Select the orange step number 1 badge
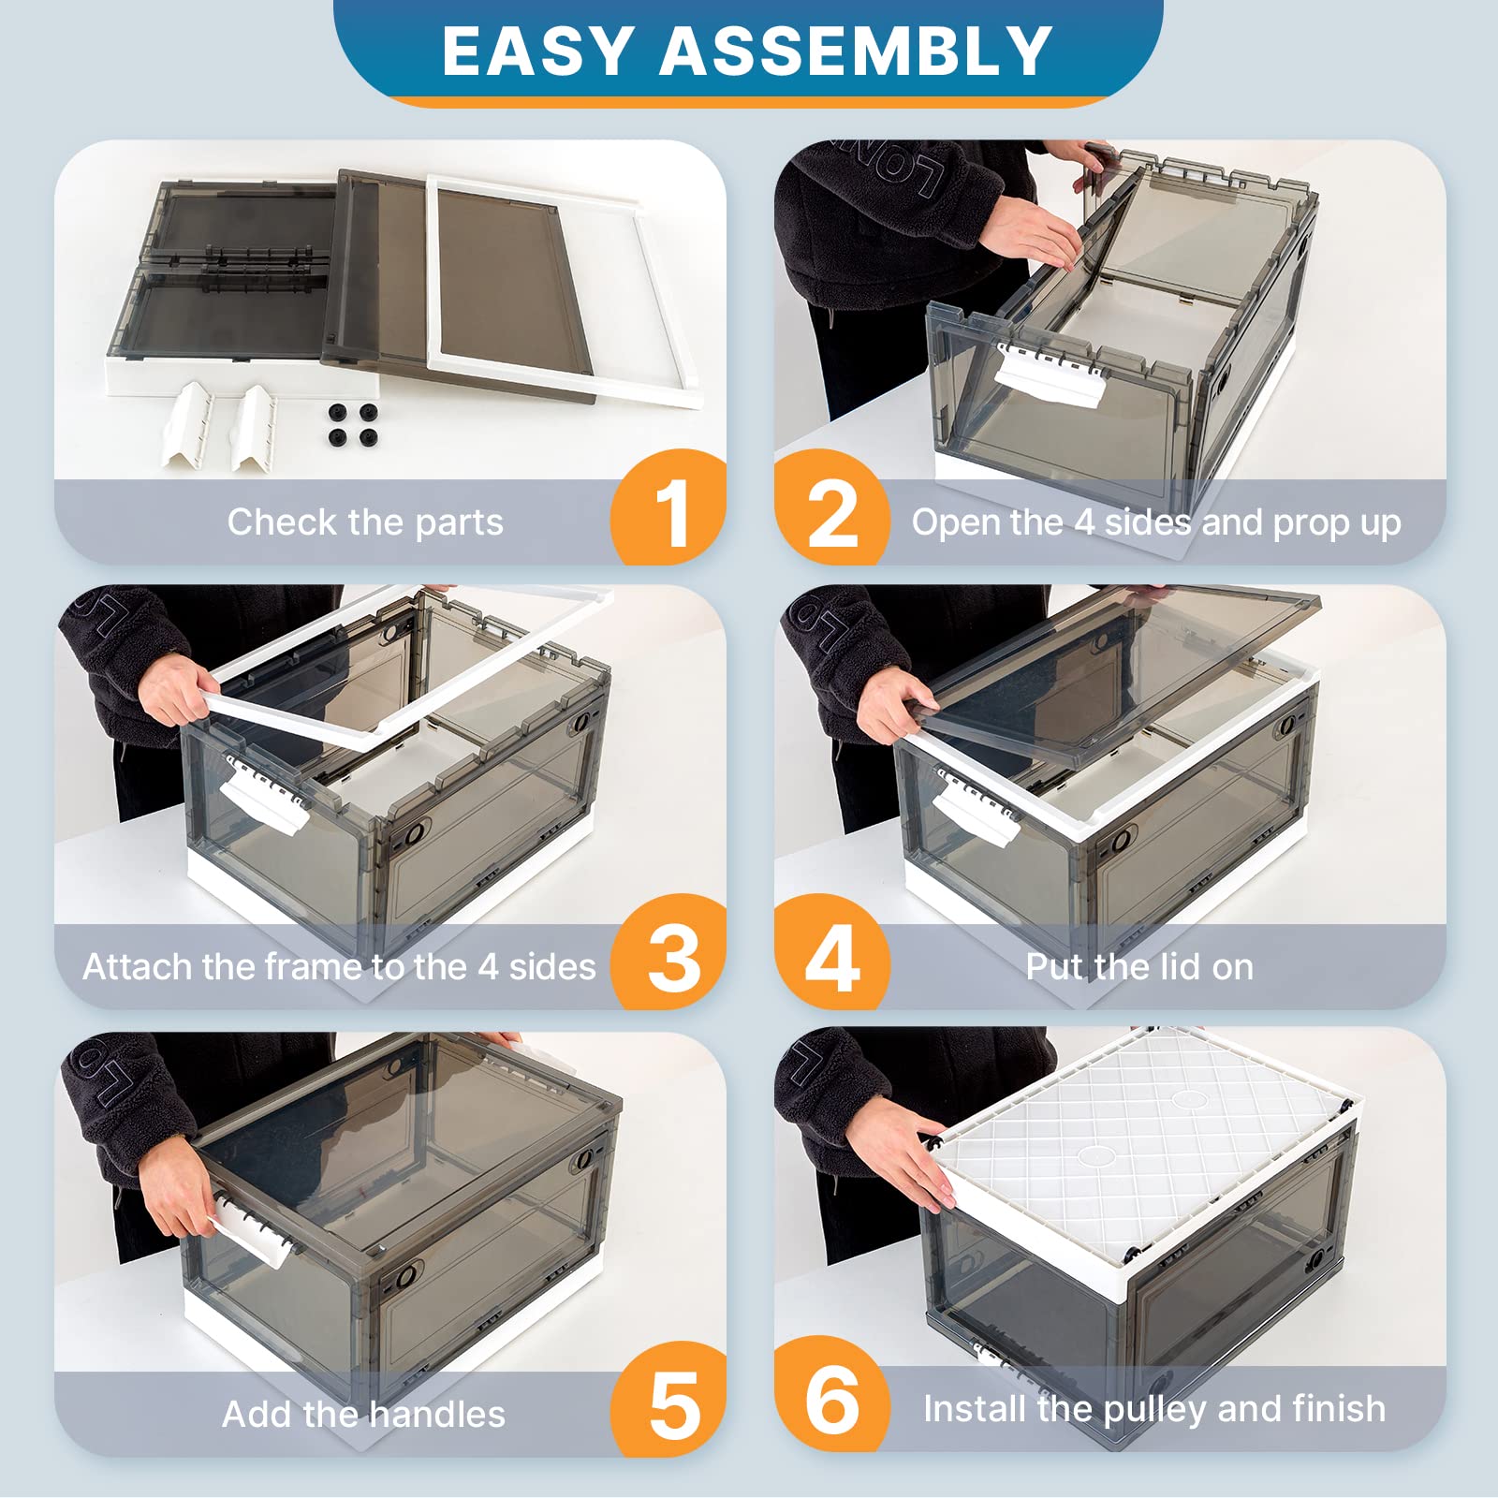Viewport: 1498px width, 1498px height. (668, 507)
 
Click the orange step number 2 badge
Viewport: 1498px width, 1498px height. (832, 507)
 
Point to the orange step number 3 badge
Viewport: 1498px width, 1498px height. (668, 952)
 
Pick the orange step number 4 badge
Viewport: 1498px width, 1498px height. (832, 952)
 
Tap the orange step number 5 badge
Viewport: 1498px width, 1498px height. (668, 1399)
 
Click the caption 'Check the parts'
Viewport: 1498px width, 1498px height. (365, 522)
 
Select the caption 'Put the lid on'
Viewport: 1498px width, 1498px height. (1139, 966)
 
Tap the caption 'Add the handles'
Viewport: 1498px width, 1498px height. (363, 1414)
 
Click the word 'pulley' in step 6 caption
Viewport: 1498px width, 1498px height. (1155, 1410)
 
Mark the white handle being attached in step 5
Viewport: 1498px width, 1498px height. (249, 1228)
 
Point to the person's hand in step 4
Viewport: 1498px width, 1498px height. (896, 704)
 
